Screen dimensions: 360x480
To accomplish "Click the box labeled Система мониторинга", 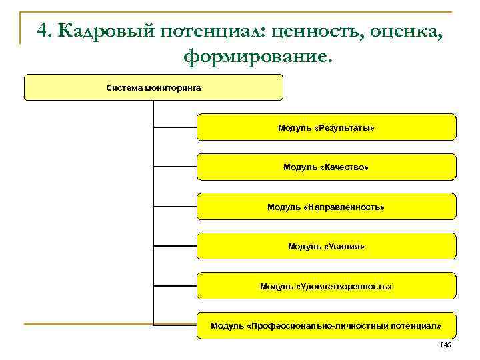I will point(153,87).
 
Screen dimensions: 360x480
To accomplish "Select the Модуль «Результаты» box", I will point(326,127).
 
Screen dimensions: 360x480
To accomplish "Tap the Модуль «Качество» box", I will point(326,167).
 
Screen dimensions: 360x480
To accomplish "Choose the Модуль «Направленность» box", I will point(326,207).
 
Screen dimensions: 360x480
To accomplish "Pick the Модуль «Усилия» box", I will point(326,246).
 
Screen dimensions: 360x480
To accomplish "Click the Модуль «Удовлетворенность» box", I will point(326,286).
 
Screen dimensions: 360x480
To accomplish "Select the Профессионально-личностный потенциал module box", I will point(326,325).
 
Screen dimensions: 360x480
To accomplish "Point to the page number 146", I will point(445,345).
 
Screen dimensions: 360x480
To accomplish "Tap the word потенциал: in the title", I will point(205,31).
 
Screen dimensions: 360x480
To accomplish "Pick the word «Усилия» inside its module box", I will point(344,246).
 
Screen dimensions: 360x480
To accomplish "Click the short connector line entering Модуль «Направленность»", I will point(175,207).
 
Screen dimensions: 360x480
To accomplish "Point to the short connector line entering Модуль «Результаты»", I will point(175,127).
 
